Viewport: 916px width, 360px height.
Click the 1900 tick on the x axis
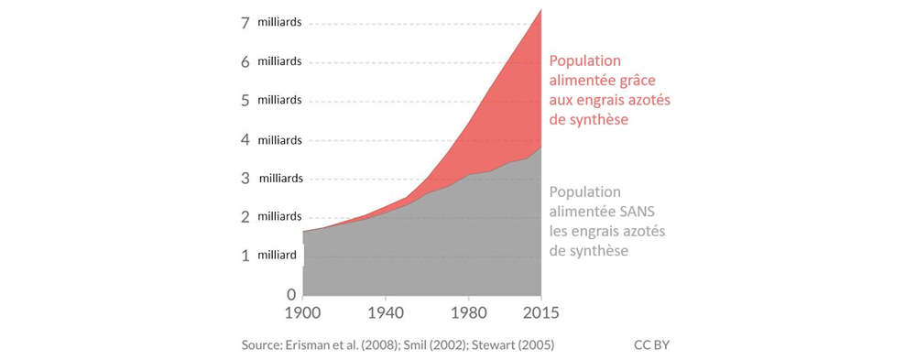pos(303,312)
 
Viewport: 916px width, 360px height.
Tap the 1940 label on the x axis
pos(385,312)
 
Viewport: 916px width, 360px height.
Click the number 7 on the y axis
pos(245,22)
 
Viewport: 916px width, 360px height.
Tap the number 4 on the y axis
pos(245,139)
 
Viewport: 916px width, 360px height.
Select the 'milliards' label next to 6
pos(280,61)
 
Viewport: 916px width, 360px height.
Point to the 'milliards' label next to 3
pos(282,178)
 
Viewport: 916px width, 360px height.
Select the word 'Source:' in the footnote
pos(263,344)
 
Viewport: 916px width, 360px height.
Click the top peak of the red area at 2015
pos(540,9)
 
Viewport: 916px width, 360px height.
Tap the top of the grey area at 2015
pos(540,147)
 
